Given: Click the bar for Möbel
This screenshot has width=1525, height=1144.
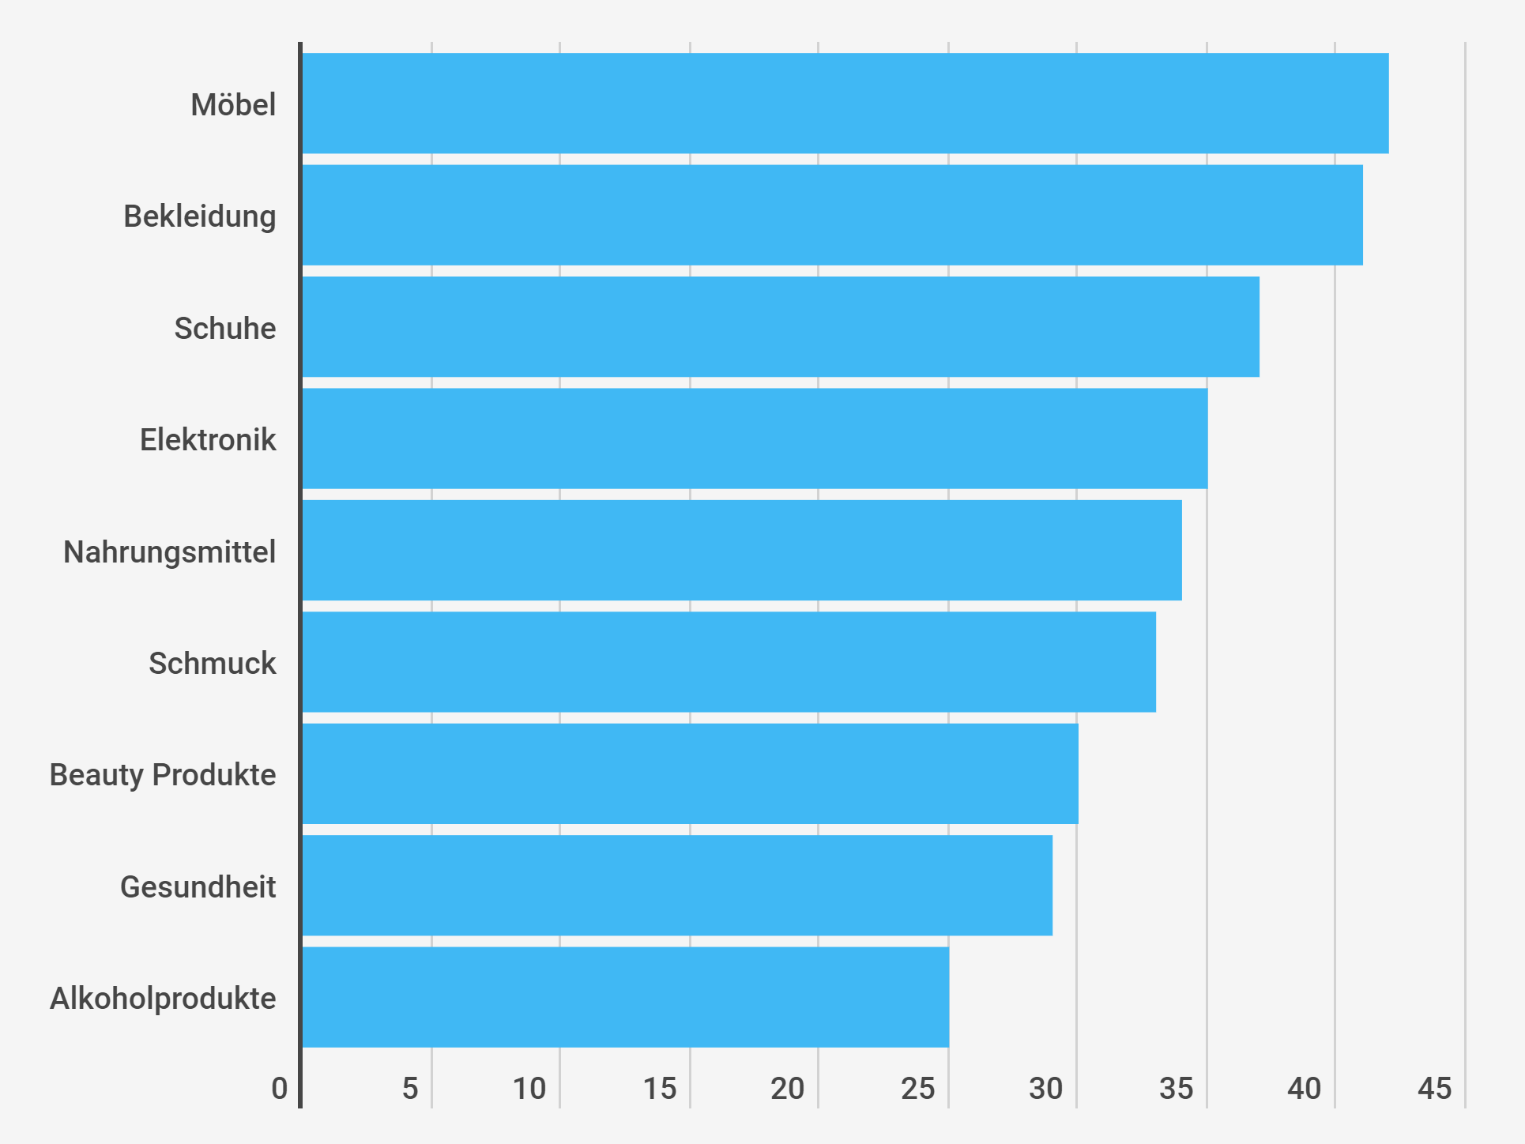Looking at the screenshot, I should [845, 103].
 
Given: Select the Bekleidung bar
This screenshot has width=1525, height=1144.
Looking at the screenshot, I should [832, 215].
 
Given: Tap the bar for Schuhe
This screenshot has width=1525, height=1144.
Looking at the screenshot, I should [781, 327].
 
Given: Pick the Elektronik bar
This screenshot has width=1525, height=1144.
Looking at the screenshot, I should [755, 438].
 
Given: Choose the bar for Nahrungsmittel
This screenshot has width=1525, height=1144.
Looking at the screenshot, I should [742, 551].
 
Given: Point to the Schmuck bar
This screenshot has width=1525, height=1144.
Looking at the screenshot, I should [729, 662].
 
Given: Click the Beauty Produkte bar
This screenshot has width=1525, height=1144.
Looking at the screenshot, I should [690, 774].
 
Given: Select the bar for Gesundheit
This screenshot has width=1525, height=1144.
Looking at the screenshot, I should [677, 886].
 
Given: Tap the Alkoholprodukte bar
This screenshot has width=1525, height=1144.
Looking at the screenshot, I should [625, 998].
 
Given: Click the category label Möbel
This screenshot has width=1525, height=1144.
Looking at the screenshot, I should [233, 105].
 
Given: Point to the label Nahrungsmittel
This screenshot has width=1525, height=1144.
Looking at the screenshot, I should [170, 552].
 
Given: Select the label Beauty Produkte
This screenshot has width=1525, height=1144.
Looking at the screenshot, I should [163, 775].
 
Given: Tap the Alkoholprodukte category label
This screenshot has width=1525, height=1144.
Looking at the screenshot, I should [163, 999].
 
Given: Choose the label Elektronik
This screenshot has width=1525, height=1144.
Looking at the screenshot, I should [208, 440].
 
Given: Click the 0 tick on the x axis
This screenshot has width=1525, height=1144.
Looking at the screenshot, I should [280, 1089].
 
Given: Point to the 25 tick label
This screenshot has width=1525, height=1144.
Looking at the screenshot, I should [917, 1089].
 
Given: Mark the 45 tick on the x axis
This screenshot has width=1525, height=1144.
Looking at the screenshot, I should [1434, 1089].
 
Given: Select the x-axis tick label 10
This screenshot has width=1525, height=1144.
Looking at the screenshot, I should [529, 1089].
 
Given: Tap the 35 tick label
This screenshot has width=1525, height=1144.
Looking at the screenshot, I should [1176, 1089].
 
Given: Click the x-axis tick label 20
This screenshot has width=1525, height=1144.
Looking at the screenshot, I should [788, 1089].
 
